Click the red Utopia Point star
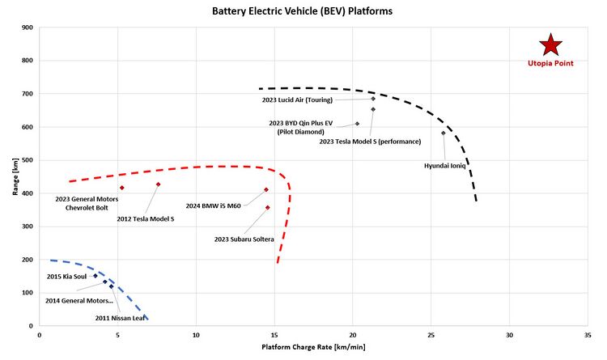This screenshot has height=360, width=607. click(550, 45)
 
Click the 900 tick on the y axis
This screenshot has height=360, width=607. click(28, 28)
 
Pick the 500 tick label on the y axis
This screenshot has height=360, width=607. click(28, 160)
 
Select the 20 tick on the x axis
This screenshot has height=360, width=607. click(353, 334)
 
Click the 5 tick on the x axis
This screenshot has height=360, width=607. click(117, 334)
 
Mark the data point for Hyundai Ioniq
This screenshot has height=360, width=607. click(444, 133)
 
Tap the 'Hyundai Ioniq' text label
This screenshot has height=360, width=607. click(445, 165)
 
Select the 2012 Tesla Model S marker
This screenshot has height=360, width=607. click(158, 184)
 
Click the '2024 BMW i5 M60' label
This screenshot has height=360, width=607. click(214, 205)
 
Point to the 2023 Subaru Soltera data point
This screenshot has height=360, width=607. click(268, 208)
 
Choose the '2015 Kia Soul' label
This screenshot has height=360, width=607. click(66, 277)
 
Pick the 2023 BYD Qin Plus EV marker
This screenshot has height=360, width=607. click(357, 124)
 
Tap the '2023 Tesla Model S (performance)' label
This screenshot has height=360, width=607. click(370, 142)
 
